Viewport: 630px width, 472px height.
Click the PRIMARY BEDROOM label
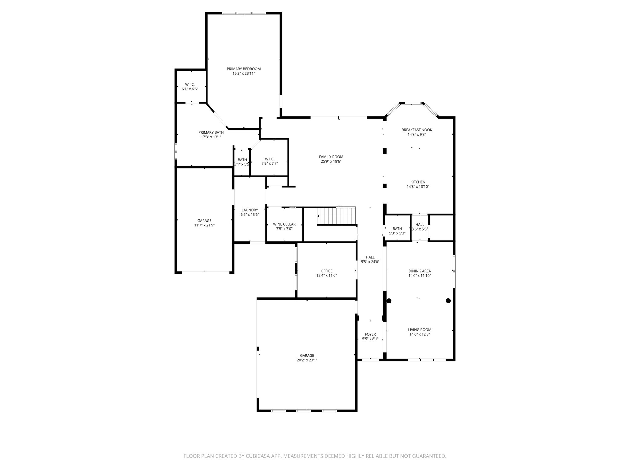[x=244, y=69]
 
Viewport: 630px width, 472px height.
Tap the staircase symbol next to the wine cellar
[x=337, y=216]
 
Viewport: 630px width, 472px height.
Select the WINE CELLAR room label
[x=284, y=224]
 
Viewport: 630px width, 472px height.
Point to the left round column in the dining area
[x=389, y=301]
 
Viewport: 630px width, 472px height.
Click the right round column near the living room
[x=448, y=301]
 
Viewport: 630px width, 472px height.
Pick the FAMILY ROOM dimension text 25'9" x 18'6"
[x=331, y=161]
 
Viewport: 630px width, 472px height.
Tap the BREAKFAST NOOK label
[x=417, y=130]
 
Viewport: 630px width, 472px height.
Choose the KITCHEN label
[x=418, y=182]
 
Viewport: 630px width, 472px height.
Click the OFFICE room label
[x=326, y=271]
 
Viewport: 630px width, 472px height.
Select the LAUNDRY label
[x=250, y=210]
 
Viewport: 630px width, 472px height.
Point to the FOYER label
[x=370, y=334]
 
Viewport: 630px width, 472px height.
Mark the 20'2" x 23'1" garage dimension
[x=307, y=360]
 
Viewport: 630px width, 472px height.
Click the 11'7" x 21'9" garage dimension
[x=204, y=225]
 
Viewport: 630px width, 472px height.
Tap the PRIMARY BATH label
[x=211, y=132]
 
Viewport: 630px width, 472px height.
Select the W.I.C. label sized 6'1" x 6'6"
[x=190, y=85]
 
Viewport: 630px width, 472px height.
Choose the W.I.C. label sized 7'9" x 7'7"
[x=269, y=159]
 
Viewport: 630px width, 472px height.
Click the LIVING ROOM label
[x=420, y=330]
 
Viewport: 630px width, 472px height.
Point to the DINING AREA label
[x=420, y=271]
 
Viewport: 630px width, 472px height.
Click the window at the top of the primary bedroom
[x=244, y=13]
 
